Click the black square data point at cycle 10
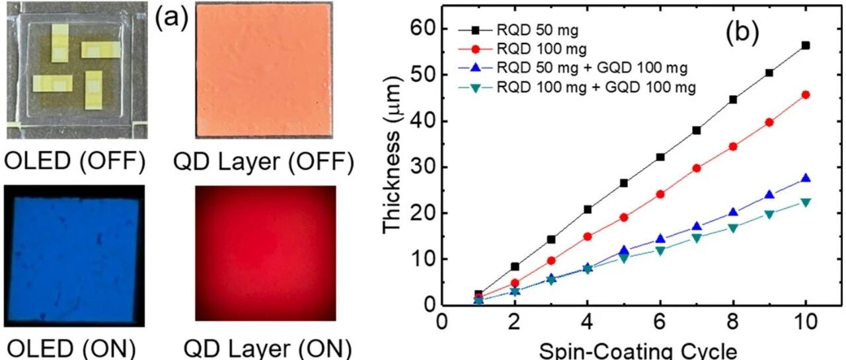pyautogui.click(x=805, y=46)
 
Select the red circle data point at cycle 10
pyautogui.click(x=805, y=95)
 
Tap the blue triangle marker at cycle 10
pyautogui.click(x=805, y=178)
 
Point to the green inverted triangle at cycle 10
pyautogui.click(x=805, y=203)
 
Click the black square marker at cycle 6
pyautogui.click(x=660, y=157)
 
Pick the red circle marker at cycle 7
pyautogui.click(x=697, y=168)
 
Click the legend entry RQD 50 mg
pyautogui.click(x=519, y=30)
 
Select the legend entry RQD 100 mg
pyautogui.click(x=523, y=49)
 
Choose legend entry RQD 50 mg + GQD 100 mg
pyautogui.click(x=573, y=68)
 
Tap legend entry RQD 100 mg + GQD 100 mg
pyautogui.click(x=577, y=88)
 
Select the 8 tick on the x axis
pyautogui.click(x=733, y=322)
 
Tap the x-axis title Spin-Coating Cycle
pyautogui.click(x=638, y=351)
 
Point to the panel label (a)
pyautogui.click(x=172, y=18)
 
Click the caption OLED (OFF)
pyautogui.click(x=75, y=161)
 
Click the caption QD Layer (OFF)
pyautogui.click(x=264, y=162)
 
